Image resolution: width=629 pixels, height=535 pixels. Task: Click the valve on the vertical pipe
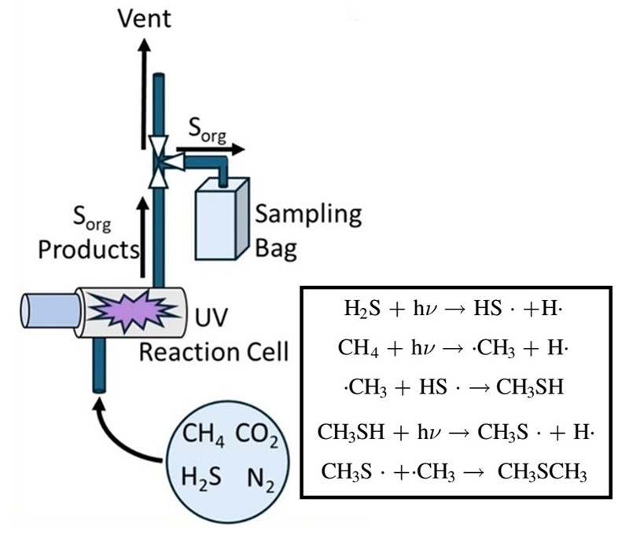point(160,161)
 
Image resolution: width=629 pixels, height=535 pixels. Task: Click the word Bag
point(277,250)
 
